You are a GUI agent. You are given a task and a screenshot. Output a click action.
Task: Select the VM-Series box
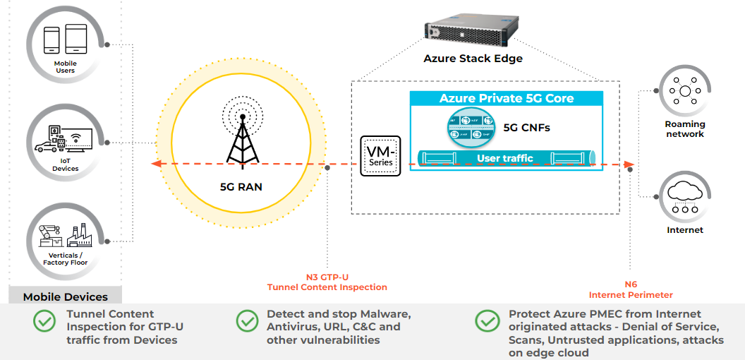click(x=380, y=156)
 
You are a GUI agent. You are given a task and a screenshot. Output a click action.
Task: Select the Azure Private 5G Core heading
click(x=507, y=99)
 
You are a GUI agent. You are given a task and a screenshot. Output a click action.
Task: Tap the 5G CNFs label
click(x=526, y=128)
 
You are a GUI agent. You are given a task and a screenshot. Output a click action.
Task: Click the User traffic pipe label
click(x=505, y=158)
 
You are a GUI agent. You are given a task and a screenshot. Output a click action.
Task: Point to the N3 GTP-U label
click(x=327, y=277)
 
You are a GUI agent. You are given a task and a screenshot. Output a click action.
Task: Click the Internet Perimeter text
click(x=631, y=294)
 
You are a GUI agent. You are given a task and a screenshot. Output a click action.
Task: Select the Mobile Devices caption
click(x=66, y=297)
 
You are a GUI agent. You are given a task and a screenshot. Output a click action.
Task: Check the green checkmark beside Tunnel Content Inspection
click(x=44, y=320)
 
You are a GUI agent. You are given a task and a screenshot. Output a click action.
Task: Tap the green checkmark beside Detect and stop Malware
click(x=247, y=320)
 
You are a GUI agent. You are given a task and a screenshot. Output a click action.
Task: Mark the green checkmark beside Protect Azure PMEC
click(x=487, y=320)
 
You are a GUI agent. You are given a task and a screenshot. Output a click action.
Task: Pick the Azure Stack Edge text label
click(x=473, y=59)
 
